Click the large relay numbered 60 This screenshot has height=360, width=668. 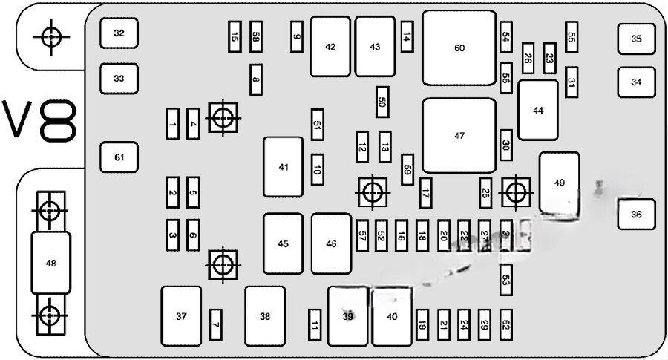[x=459, y=48]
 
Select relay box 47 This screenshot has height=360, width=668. [x=459, y=136]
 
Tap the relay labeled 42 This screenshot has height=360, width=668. [x=330, y=47]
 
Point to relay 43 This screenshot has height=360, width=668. [x=375, y=47]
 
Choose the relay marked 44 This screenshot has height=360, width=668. [x=538, y=110]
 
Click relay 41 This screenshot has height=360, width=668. [x=284, y=167]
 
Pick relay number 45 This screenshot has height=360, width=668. [x=284, y=243]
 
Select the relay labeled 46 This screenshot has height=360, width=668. [x=331, y=243]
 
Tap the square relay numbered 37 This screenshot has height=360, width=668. [x=181, y=316]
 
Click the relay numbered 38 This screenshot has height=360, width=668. [x=265, y=316]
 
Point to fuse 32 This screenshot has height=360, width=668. [x=119, y=33]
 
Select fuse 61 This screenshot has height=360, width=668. [x=119, y=157]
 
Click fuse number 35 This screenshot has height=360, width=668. [x=636, y=39]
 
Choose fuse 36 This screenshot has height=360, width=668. [x=636, y=215]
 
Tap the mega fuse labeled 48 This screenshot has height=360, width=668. [x=50, y=262]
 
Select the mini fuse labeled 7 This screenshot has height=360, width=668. [x=215, y=324]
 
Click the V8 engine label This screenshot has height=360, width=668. [x=41, y=122]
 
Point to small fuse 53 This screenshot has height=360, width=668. [x=506, y=280]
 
